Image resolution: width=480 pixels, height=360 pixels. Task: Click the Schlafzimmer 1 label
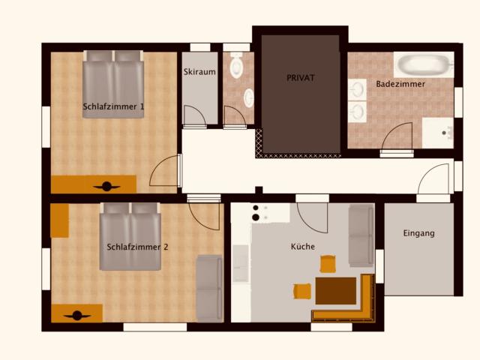(113, 106)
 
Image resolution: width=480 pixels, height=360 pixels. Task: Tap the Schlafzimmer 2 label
(137, 247)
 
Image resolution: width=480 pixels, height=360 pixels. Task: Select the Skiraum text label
(199, 72)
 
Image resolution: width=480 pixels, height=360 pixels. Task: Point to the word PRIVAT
(300, 77)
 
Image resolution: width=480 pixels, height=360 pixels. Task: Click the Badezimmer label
(400, 84)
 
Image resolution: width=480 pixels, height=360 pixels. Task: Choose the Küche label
(303, 246)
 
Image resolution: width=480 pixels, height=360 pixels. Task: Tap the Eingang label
(418, 233)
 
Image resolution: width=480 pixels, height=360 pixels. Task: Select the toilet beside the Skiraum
(237, 67)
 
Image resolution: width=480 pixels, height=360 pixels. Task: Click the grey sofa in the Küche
(361, 235)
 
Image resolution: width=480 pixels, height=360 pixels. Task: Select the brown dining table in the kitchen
(335, 289)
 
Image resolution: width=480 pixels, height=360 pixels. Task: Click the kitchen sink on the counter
(241, 263)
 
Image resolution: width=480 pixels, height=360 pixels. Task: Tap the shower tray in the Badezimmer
(437, 133)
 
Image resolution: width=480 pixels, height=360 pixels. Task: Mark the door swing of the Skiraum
(193, 116)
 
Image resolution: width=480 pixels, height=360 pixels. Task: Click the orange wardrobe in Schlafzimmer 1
(94, 184)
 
